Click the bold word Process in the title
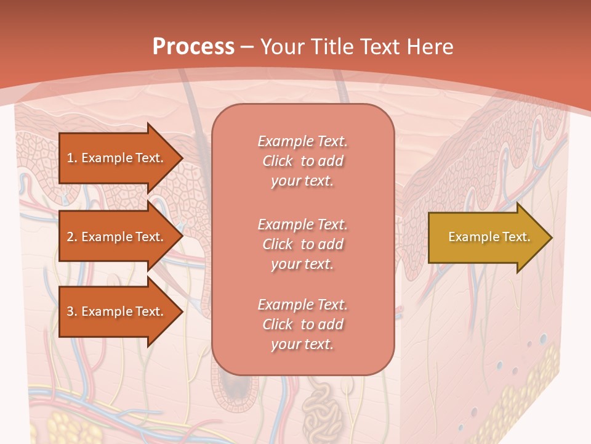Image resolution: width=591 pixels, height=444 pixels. (193, 46)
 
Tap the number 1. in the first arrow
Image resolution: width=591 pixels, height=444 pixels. (72, 158)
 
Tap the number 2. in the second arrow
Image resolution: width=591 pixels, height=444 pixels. (72, 237)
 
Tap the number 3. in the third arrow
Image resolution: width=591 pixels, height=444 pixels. (72, 311)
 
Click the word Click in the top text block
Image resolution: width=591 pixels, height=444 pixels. (277, 161)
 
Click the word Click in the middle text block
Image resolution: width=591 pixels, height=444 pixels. (277, 244)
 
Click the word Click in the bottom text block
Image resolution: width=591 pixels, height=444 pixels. (277, 324)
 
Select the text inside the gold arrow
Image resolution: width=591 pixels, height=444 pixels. (489, 237)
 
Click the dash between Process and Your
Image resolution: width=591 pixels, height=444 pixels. (247, 47)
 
